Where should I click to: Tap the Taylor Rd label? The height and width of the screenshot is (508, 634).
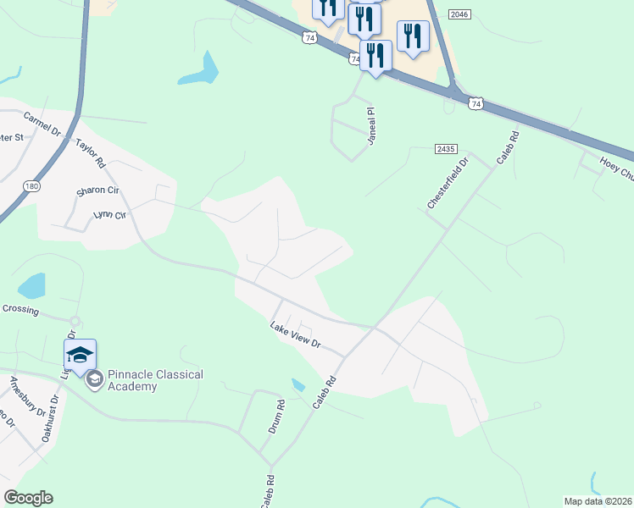90,152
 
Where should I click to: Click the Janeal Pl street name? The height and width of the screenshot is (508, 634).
370,126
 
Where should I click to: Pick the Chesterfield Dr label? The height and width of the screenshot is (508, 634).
448,184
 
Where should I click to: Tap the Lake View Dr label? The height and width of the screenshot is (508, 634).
295,334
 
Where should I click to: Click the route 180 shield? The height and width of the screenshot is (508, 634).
31,186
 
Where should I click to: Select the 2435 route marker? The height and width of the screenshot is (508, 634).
447,149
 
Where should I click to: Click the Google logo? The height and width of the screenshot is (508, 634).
28,498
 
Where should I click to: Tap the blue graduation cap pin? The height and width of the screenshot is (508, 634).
80,355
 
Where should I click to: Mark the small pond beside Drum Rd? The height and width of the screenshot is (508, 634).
298,385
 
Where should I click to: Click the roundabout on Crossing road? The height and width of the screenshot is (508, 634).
75,321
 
